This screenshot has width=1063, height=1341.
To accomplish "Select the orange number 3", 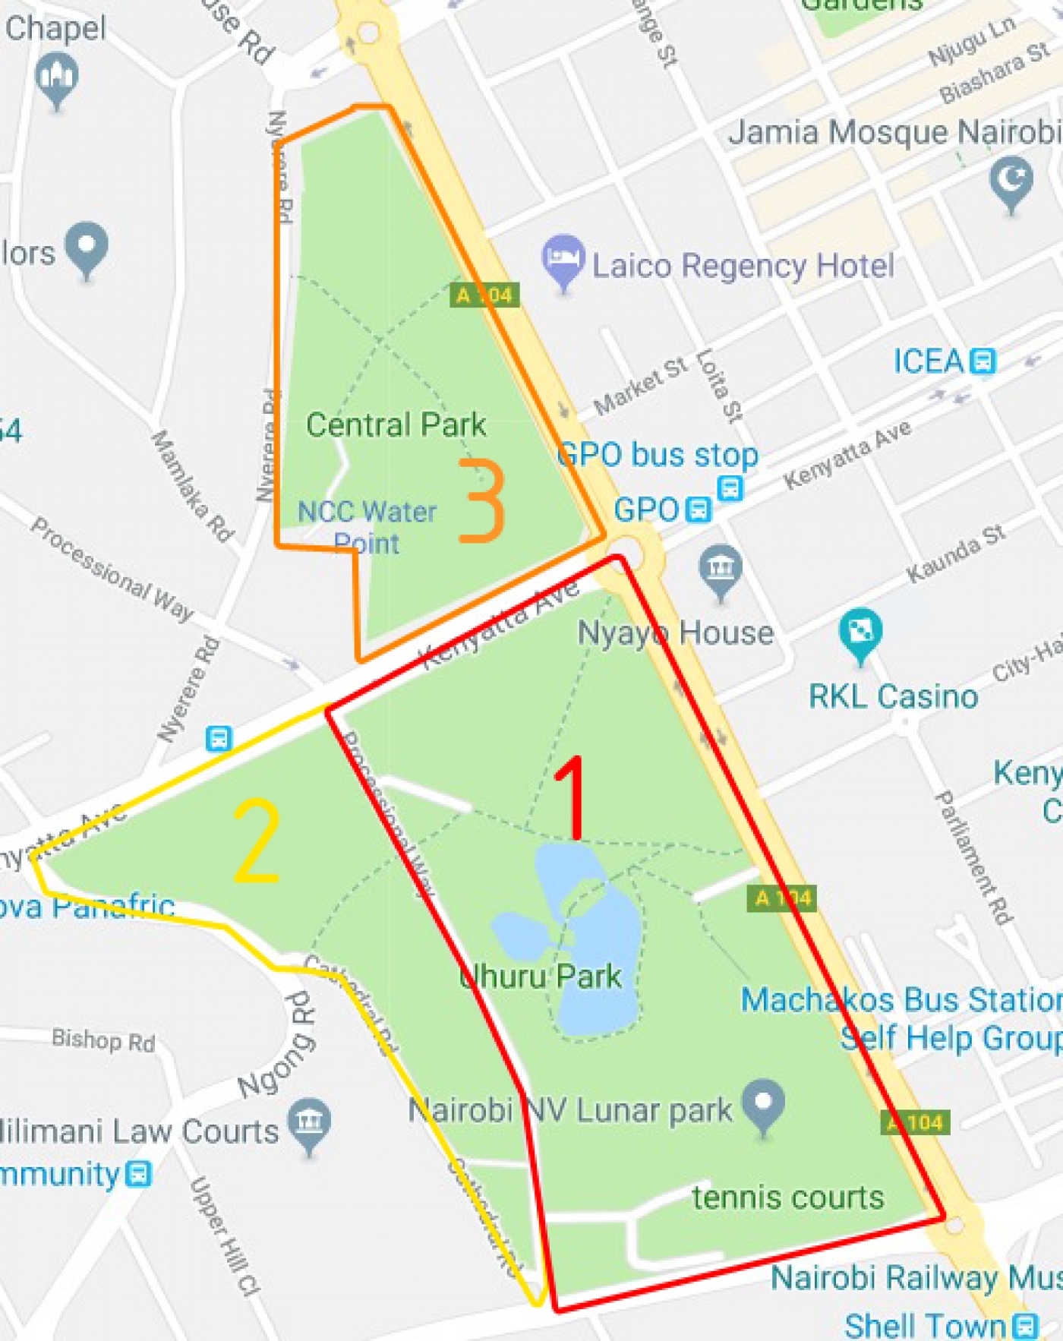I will (x=482, y=500).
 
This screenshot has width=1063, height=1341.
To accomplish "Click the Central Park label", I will (x=396, y=424).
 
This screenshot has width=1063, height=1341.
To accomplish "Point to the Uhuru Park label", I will (x=541, y=976).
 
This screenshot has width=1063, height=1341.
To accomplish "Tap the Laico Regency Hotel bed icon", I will (x=563, y=257).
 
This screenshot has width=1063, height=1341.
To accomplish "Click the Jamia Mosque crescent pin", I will (x=1011, y=181).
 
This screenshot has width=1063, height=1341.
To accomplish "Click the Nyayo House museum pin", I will (x=721, y=568).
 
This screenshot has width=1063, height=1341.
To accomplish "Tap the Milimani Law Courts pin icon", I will (x=310, y=1122).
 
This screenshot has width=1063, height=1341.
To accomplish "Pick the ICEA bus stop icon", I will (x=983, y=361).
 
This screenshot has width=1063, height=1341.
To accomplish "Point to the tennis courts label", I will (x=787, y=1197).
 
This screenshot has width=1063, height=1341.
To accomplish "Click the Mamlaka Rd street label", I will (x=192, y=485).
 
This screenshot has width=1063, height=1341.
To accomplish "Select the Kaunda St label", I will (x=957, y=554).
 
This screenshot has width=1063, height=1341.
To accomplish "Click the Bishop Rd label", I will (x=103, y=1040).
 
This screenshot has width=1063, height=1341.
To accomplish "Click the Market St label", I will (x=640, y=386).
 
